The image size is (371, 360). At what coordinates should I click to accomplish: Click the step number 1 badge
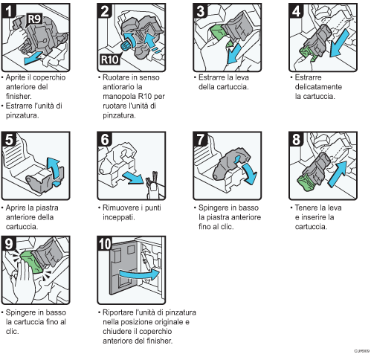coord(10,10)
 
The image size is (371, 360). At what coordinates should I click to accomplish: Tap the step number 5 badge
coord(10,140)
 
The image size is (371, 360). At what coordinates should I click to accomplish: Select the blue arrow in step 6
coord(136,178)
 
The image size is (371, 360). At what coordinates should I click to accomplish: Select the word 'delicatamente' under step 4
coord(315,87)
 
